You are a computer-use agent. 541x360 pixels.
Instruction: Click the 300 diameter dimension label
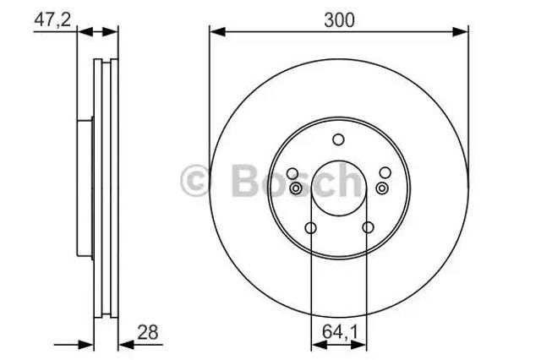(339, 20)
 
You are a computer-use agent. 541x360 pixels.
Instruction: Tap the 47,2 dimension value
(52, 19)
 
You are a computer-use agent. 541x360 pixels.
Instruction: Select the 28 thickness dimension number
(148, 332)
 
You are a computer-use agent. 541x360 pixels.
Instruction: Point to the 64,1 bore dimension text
(340, 332)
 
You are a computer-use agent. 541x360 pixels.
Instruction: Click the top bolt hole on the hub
(338, 139)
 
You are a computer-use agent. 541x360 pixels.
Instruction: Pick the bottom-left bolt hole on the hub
(311, 228)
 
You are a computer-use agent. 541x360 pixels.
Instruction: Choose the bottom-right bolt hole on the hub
(368, 227)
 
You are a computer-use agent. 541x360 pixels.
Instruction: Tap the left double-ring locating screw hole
(296, 188)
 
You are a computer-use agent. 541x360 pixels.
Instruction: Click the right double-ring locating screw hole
(381, 188)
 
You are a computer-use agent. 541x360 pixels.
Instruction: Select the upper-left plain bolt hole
(292, 173)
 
